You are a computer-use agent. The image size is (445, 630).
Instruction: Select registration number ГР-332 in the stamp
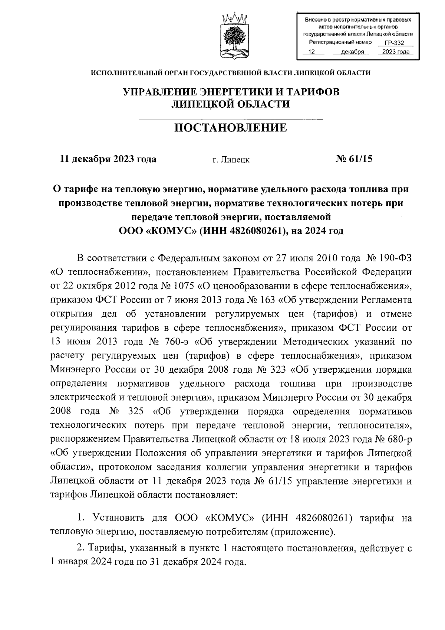pos(394,43)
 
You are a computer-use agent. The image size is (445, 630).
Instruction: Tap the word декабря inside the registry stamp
pos(352,52)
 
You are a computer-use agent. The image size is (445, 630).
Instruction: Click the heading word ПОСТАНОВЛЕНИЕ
pos(231,128)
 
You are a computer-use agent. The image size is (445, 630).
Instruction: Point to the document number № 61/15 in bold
pos(354,159)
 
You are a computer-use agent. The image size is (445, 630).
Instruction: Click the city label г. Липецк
pos(231,160)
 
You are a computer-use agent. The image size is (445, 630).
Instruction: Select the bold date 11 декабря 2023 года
pos(108,159)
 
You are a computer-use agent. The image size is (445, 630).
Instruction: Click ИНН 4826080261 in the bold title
pos(241,231)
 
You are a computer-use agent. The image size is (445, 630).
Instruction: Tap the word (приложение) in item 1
pos(302,532)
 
